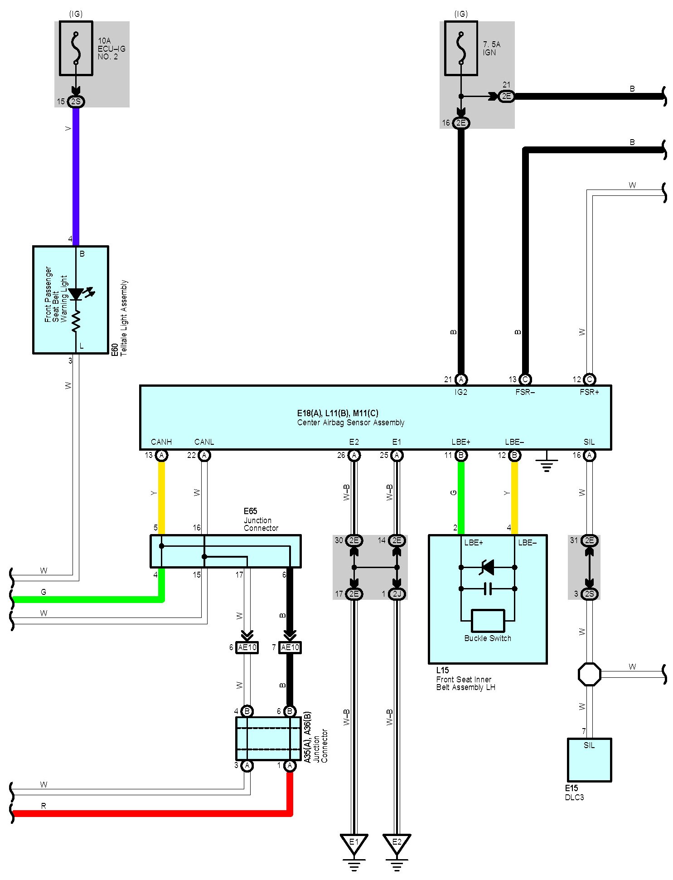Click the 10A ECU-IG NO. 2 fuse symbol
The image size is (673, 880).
76,48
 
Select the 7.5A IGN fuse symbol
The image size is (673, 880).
461,48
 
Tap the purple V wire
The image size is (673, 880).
76,177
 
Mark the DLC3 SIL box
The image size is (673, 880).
589,760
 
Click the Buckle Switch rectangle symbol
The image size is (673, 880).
488,621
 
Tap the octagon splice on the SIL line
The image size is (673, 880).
589,674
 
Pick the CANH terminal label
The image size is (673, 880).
161,442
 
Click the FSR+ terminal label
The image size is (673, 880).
589,392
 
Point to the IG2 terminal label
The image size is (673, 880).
461,392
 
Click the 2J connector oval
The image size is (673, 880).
397,594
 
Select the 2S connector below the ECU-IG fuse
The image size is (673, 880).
76,102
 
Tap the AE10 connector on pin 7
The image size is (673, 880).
290,647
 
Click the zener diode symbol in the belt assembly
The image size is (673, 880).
487,567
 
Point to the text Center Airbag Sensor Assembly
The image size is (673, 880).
351,423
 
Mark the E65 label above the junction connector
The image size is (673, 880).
251,511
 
